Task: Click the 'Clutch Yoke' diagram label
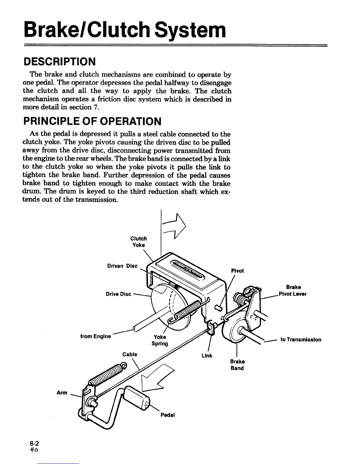point(139,242)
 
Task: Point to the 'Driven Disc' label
point(122,266)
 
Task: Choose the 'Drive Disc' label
point(118,294)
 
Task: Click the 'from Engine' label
point(96,336)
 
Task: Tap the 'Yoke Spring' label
point(160,340)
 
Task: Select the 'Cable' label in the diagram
point(130,354)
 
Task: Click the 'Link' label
point(207,356)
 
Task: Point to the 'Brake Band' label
point(237,365)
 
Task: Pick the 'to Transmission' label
point(301,339)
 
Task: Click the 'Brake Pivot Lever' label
point(293,291)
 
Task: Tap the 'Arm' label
point(62,392)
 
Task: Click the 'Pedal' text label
point(168,415)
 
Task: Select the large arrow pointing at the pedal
point(157,378)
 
